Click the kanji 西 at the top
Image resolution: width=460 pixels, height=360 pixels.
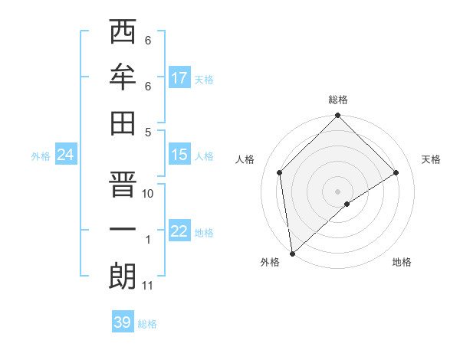click(123, 32)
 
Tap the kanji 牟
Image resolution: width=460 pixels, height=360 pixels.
click(123, 77)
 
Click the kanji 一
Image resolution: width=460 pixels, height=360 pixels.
click(123, 231)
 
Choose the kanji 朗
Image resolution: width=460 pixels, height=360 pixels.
click(123, 277)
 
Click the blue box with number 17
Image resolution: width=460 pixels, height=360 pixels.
click(179, 78)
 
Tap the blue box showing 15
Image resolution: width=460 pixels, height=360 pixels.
click(179, 155)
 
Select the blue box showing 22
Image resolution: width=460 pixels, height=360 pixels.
click(179, 231)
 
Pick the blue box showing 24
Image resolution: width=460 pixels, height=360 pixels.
click(65, 155)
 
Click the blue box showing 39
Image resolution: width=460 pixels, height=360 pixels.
click(123, 322)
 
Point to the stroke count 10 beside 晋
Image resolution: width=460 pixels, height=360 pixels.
click(148, 194)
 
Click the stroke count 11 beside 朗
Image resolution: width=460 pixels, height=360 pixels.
click(148, 286)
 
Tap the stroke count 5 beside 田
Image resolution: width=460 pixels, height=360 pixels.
click(148, 132)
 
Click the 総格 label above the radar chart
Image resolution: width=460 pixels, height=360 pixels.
click(337, 100)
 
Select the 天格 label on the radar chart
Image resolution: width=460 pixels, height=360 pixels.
click(431, 159)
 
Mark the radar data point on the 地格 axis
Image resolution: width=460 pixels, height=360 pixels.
click(347, 204)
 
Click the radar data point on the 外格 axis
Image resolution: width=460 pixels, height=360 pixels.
click(292, 253)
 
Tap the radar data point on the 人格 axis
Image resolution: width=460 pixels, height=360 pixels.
click(280, 172)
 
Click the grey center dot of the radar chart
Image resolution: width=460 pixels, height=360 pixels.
click(337, 191)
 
